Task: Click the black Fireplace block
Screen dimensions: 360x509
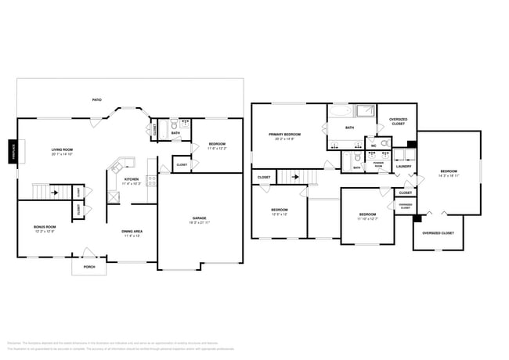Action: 13,152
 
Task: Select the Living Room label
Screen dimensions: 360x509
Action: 63,149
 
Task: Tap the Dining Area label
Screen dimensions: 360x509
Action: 131,231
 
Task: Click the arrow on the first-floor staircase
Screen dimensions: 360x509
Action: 54,191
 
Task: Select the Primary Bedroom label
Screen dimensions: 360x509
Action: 284,135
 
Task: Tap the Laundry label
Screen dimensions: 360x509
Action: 404,166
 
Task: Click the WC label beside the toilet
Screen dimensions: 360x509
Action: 374,146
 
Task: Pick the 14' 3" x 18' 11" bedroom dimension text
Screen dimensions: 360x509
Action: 448,176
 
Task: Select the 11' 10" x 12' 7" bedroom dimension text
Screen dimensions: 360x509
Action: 367,219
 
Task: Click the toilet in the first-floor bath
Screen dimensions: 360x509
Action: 173,124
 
